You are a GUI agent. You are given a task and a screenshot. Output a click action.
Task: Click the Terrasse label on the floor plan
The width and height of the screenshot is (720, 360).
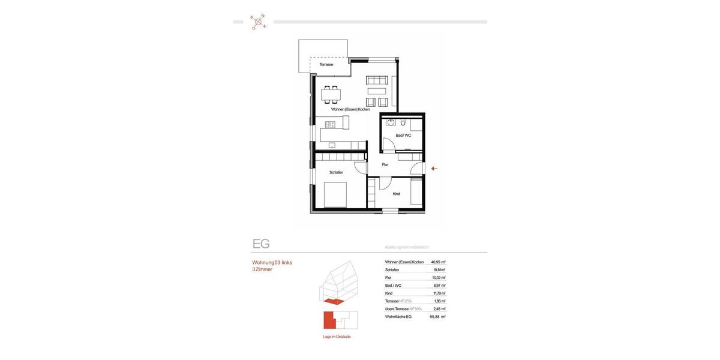pyautogui.click(x=326, y=64)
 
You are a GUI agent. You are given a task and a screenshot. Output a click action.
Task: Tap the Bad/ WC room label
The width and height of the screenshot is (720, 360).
pyautogui.click(x=403, y=136)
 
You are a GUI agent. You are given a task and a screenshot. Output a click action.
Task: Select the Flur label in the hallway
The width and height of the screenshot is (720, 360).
pyautogui.click(x=385, y=164)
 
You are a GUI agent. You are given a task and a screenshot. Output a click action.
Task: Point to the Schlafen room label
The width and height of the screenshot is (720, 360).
pyautogui.click(x=336, y=173)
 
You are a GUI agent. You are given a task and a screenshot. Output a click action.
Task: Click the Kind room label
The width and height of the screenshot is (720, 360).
pyautogui.click(x=397, y=194)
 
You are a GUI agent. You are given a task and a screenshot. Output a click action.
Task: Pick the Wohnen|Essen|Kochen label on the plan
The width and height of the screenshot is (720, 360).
pyautogui.click(x=350, y=109)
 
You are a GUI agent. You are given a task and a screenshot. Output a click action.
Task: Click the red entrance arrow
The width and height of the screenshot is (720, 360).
pyautogui.click(x=434, y=169)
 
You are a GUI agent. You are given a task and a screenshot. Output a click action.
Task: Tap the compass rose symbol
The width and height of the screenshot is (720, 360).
pyautogui.click(x=259, y=22)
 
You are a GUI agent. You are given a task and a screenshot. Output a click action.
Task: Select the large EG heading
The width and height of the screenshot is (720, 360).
pyautogui.click(x=261, y=244)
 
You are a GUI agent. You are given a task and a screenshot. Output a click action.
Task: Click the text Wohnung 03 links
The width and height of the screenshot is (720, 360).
pyautogui.click(x=272, y=263)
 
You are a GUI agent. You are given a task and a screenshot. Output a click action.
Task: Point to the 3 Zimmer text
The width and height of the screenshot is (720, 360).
pyautogui.click(x=262, y=270)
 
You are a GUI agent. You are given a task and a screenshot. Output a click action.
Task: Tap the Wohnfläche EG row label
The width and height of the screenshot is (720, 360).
pyautogui.click(x=398, y=317)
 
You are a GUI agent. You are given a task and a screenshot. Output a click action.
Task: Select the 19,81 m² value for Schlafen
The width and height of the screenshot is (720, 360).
pyautogui.click(x=439, y=270)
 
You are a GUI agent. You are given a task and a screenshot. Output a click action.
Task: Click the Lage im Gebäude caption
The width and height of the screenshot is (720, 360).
pyautogui.click(x=337, y=337)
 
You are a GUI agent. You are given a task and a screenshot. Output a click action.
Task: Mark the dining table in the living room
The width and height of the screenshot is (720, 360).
pyautogui.click(x=331, y=94)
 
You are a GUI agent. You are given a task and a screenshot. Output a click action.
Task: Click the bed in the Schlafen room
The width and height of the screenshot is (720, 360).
pyautogui.click(x=335, y=195)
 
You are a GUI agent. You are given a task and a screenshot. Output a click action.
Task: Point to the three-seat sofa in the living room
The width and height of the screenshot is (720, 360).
pyautogui.click(x=377, y=80)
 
